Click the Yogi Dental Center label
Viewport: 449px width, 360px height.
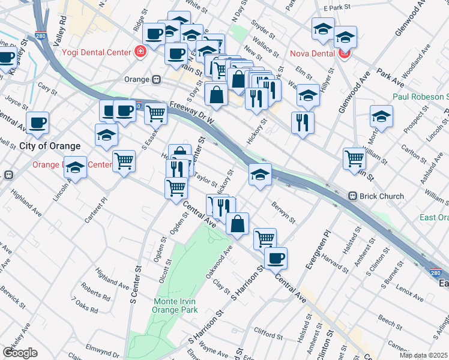tap(95, 52)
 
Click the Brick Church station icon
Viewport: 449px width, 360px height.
tap(354, 196)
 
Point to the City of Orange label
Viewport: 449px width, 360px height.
tap(50, 146)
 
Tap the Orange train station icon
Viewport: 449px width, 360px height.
tap(156, 79)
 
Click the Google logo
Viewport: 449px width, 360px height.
tap(20, 353)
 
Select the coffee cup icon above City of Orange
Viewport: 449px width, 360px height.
tap(37, 122)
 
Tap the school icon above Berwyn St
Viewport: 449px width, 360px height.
tap(260, 174)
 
